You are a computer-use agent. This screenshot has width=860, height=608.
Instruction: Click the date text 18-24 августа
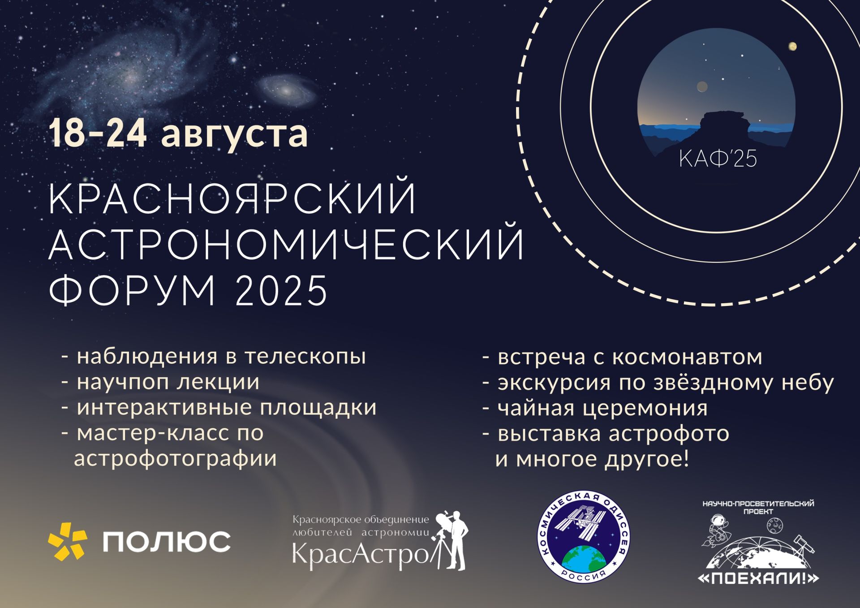pos(178,133)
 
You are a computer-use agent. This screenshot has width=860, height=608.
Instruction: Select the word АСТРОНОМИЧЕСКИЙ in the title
pos(286,244)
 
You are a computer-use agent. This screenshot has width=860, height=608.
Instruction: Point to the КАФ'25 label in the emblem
pos(718,159)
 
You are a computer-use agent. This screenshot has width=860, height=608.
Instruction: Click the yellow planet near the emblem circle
pos(792,47)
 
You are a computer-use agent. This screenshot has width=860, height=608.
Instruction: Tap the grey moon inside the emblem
pos(702,86)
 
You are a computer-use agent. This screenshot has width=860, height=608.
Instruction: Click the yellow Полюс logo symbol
pos(68,541)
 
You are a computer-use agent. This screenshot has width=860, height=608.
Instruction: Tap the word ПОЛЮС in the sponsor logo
pos(167,542)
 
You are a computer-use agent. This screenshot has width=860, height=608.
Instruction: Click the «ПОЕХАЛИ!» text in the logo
pos(758,578)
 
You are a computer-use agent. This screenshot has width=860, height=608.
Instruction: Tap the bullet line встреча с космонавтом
pos(622,357)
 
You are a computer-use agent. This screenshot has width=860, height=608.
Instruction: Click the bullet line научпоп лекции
pos(160,382)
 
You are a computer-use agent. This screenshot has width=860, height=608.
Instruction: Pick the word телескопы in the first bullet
pos(305,357)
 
